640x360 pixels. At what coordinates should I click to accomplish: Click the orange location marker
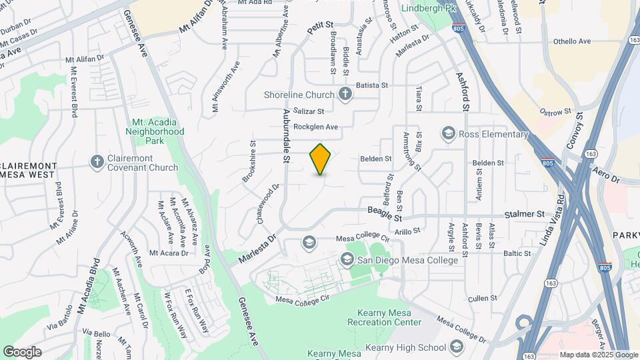[x=321, y=159]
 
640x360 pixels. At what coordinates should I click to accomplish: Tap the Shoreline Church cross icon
[x=345, y=94]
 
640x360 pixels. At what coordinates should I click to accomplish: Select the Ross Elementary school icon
[x=447, y=135]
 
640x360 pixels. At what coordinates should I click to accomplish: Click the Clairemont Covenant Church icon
[x=97, y=161]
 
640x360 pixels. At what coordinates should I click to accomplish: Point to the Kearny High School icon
[x=456, y=347]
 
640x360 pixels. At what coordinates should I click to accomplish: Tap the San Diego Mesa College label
[x=407, y=259]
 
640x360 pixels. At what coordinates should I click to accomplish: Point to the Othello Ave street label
[x=572, y=41]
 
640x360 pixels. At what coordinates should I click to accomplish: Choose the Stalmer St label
[x=524, y=214]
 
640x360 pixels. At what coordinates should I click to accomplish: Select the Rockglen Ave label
[x=316, y=127]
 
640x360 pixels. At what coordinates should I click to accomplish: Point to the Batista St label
[x=371, y=85]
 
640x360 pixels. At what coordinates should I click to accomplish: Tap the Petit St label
[x=320, y=28]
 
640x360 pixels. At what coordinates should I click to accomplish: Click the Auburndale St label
[x=286, y=136]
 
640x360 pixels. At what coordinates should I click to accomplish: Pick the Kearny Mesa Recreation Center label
[x=384, y=323]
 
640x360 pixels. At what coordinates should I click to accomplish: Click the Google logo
[x=22, y=352]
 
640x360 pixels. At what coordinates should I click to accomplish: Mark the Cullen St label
[x=483, y=298]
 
